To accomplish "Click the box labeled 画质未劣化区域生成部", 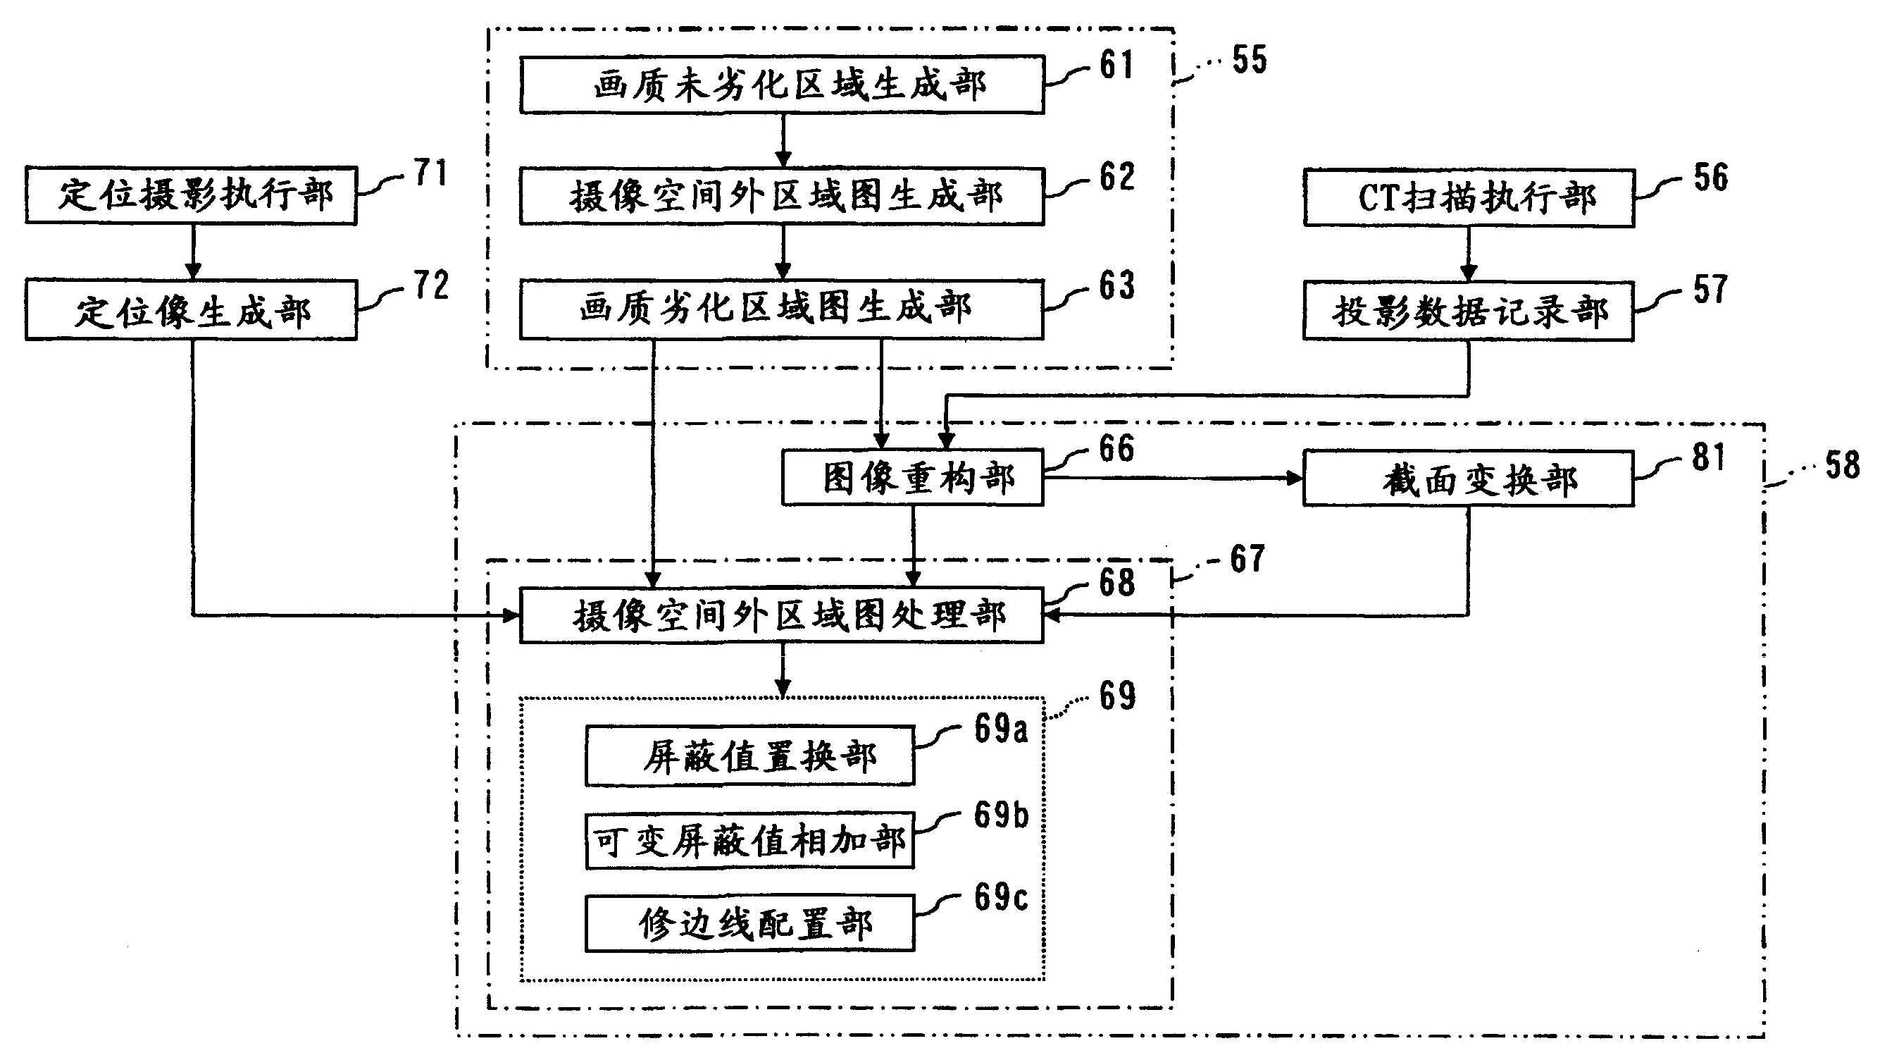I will coord(782,85).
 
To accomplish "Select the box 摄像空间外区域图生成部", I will coord(782,197).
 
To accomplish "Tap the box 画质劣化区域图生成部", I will coord(782,309).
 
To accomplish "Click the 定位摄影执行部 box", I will coord(191,196).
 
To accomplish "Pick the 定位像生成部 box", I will coord(191,310).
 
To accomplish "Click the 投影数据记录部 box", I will coord(1469,312).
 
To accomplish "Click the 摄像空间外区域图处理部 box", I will coord(782,615).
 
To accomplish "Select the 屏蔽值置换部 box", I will coord(749,756).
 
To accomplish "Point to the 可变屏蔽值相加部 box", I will coord(749,841).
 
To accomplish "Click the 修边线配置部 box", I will coord(749,923).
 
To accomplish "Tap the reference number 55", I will coord(1250,60).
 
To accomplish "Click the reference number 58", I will coord(1842,465).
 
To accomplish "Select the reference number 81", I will coord(1710,457).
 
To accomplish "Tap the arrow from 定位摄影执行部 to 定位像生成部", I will coord(193,252).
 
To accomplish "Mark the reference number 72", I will coord(431,285).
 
